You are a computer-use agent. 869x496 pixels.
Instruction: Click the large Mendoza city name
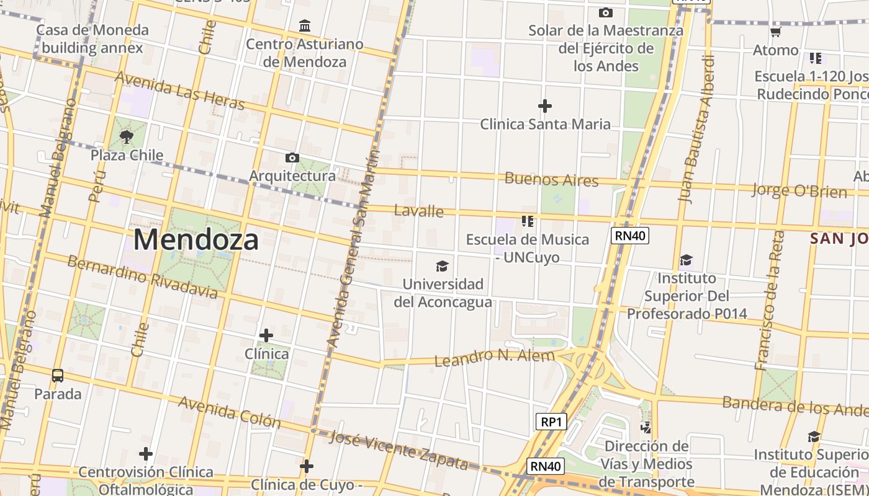point(196,240)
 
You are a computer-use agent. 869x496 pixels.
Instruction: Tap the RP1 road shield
point(551,422)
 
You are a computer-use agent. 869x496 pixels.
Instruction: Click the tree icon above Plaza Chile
point(127,137)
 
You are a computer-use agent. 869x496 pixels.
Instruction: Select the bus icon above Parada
point(58,375)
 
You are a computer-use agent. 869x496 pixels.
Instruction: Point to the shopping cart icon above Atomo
point(775,32)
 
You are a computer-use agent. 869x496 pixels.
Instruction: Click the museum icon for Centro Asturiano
point(305,26)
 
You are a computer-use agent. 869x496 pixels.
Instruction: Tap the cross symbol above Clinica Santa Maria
point(545,106)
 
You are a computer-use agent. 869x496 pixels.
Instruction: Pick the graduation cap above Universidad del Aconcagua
point(442,266)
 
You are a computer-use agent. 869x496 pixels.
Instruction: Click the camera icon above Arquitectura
point(292,158)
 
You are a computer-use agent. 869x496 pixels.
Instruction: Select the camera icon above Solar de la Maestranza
point(605,12)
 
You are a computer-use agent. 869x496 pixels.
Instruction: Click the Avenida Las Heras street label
point(180,91)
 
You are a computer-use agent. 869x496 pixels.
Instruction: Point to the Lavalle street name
point(419,211)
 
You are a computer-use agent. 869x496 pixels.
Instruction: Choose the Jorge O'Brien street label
point(799,190)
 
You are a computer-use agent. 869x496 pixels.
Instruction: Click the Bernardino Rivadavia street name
point(142,277)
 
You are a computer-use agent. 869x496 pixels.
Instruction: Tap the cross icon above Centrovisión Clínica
point(146,454)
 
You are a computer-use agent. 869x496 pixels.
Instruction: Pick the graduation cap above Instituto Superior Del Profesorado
point(686,260)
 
